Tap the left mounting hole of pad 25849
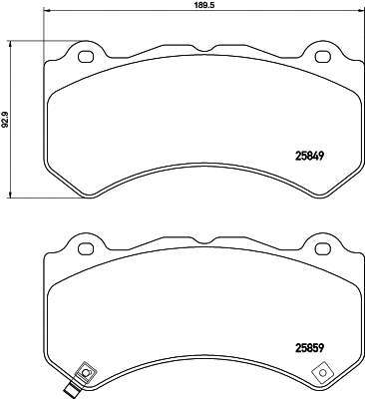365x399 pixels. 85,55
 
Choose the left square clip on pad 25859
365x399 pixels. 85,374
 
